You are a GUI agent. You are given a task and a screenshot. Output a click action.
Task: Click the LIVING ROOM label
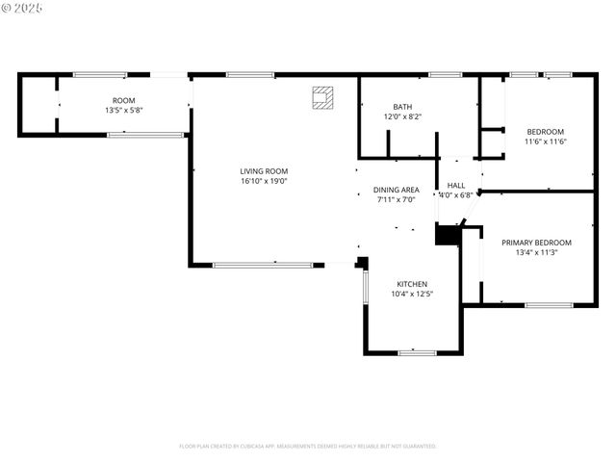click(x=264, y=171)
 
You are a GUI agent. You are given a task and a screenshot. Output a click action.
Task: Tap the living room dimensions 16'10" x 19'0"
click(x=264, y=181)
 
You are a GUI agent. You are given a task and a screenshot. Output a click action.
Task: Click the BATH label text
click(x=402, y=107)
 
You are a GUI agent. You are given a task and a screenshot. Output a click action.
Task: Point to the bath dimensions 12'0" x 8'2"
click(x=402, y=116)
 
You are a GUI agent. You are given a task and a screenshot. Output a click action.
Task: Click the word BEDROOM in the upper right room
click(x=545, y=132)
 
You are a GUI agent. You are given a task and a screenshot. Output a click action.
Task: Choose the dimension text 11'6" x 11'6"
click(x=545, y=141)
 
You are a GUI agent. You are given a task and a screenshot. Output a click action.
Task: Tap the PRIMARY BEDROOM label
click(x=536, y=243)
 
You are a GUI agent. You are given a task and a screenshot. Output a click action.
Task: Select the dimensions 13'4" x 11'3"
click(x=536, y=252)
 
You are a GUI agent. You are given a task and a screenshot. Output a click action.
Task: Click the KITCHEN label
click(x=412, y=284)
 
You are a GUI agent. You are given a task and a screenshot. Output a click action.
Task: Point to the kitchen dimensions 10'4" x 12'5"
click(x=412, y=294)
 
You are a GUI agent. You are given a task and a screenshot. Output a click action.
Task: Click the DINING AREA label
click(x=396, y=190)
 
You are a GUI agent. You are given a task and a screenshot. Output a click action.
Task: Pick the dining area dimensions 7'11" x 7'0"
click(x=396, y=199)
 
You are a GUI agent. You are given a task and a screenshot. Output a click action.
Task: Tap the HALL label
click(x=456, y=185)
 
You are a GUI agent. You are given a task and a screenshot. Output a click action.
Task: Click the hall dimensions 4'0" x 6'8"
click(x=456, y=194)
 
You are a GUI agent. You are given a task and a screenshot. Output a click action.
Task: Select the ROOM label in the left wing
click(x=123, y=100)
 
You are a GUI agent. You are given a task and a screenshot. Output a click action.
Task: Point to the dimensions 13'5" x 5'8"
click(x=123, y=110)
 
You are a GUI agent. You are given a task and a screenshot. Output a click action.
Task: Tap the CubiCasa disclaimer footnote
click(x=308, y=446)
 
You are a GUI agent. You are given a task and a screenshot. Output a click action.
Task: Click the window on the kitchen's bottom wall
click(x=418, y=352)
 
